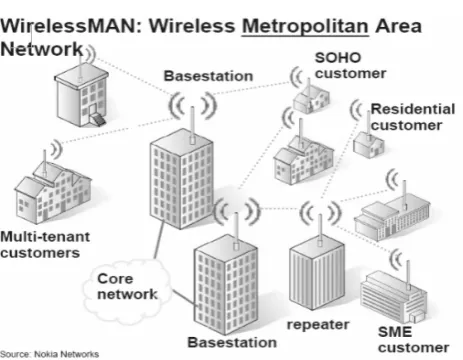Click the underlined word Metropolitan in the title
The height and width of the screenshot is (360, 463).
(305, 26)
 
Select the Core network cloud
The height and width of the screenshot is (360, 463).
(127, 290)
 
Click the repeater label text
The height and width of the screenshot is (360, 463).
(318, 325)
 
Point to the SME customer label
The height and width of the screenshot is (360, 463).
(413, 340)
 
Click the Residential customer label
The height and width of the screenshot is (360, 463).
(413, 117)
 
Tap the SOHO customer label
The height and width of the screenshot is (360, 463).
(350, 66)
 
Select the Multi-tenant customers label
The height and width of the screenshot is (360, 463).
(45, 245)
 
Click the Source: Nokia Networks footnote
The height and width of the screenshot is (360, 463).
(49, 354)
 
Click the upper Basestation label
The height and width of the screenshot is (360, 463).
(208, 76)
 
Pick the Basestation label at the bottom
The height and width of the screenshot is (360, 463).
(232, 342)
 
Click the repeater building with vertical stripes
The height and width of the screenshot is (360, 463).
(317, 272)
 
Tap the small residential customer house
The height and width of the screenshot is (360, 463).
(368, 144)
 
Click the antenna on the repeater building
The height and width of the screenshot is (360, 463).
(320, 230)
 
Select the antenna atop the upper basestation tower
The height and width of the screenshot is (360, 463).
(192, 125)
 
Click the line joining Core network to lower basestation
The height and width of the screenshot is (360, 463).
(184, 297)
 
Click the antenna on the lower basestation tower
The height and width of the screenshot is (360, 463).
(236, 231)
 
